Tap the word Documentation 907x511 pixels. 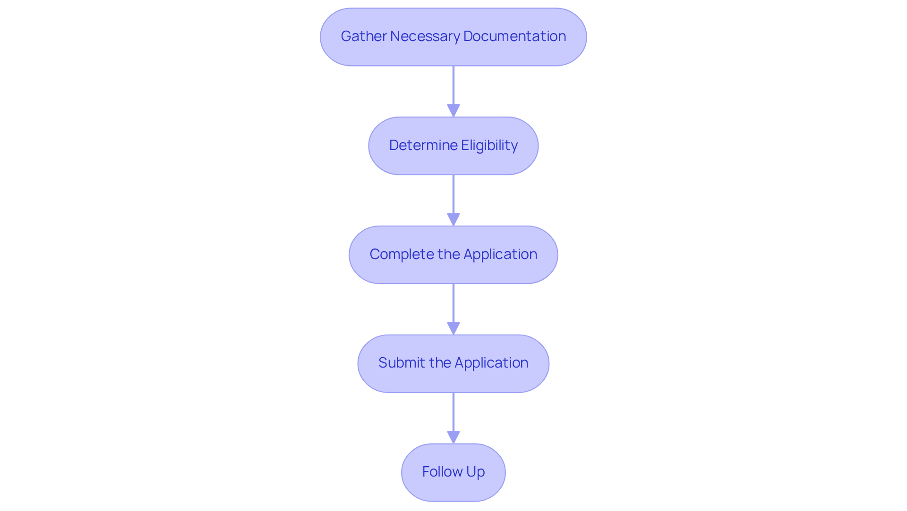[x=514, y=36]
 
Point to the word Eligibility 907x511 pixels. [x=489, y=145]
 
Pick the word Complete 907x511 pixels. [x=402, y=254]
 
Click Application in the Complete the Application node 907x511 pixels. [x=500, y=254]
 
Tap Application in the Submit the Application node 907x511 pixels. [x=491, y=363]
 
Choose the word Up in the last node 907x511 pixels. [x=476, y=472]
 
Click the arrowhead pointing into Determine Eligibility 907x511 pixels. [x=453, y=111]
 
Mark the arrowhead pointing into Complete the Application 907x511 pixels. [x=453, y=220]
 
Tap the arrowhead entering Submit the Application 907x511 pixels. [x=453, y=329]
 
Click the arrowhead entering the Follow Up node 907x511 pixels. [x=453, y=437]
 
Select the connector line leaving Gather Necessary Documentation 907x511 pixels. [x=453, y=85]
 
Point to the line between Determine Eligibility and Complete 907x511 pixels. [x=453, y=193]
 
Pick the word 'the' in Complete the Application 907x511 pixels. [x=449, y=254]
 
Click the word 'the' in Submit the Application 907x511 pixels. [x=440, y=363]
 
